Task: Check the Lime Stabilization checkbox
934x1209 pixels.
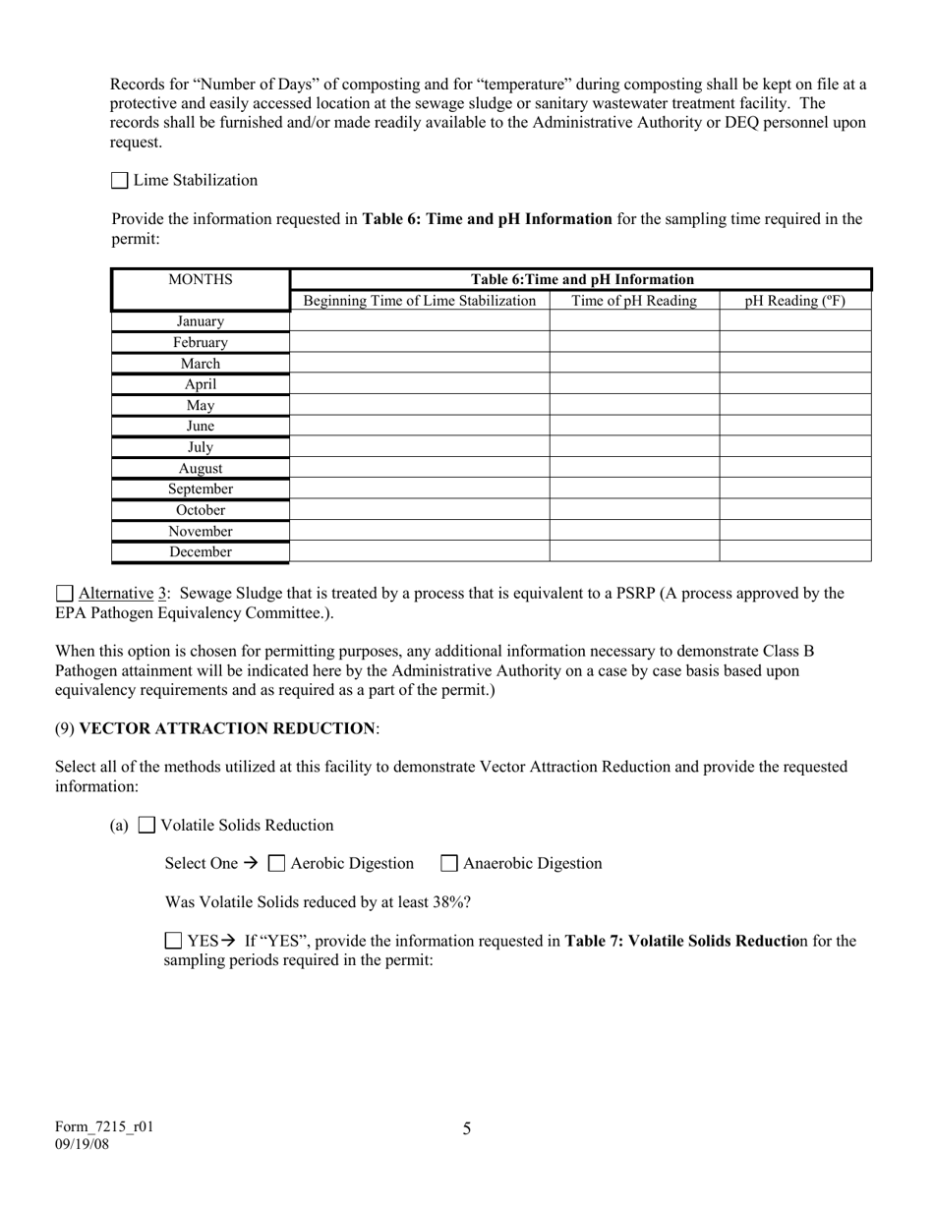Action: click(x=120, y=181)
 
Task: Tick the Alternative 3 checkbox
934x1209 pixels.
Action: click(x=65, y=594)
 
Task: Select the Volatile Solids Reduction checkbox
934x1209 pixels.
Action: click(x=146, y=826)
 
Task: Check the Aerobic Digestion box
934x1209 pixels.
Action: click(x=277, y=864)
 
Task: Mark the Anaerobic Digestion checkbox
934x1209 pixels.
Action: click(x=449, y=864)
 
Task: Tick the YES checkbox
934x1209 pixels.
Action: click(x=174, y=941)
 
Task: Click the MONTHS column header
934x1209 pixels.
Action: click(x=201, y=279)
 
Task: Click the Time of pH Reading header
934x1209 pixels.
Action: click(x=634, y=301)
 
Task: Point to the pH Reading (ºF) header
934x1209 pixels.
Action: click(x=794, y=301)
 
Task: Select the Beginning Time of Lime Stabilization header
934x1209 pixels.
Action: click(x=420, y=301)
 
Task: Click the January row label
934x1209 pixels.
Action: click(x=201, y=321)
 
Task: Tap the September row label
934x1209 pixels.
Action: click(x=201, y=489)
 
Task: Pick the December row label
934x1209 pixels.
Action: click(x=201, y=551)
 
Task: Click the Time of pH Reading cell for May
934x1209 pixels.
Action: click(x=634, y=405)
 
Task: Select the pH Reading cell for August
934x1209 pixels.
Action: click(x=794, y=468)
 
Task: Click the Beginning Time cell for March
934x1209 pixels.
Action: click(x=420, y=363)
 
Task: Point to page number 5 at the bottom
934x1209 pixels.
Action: click(x=467, y=1128)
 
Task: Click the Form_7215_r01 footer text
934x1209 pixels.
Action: click(x=104, y=1127)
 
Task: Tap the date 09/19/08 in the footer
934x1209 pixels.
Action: click(x=83, y=1144)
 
